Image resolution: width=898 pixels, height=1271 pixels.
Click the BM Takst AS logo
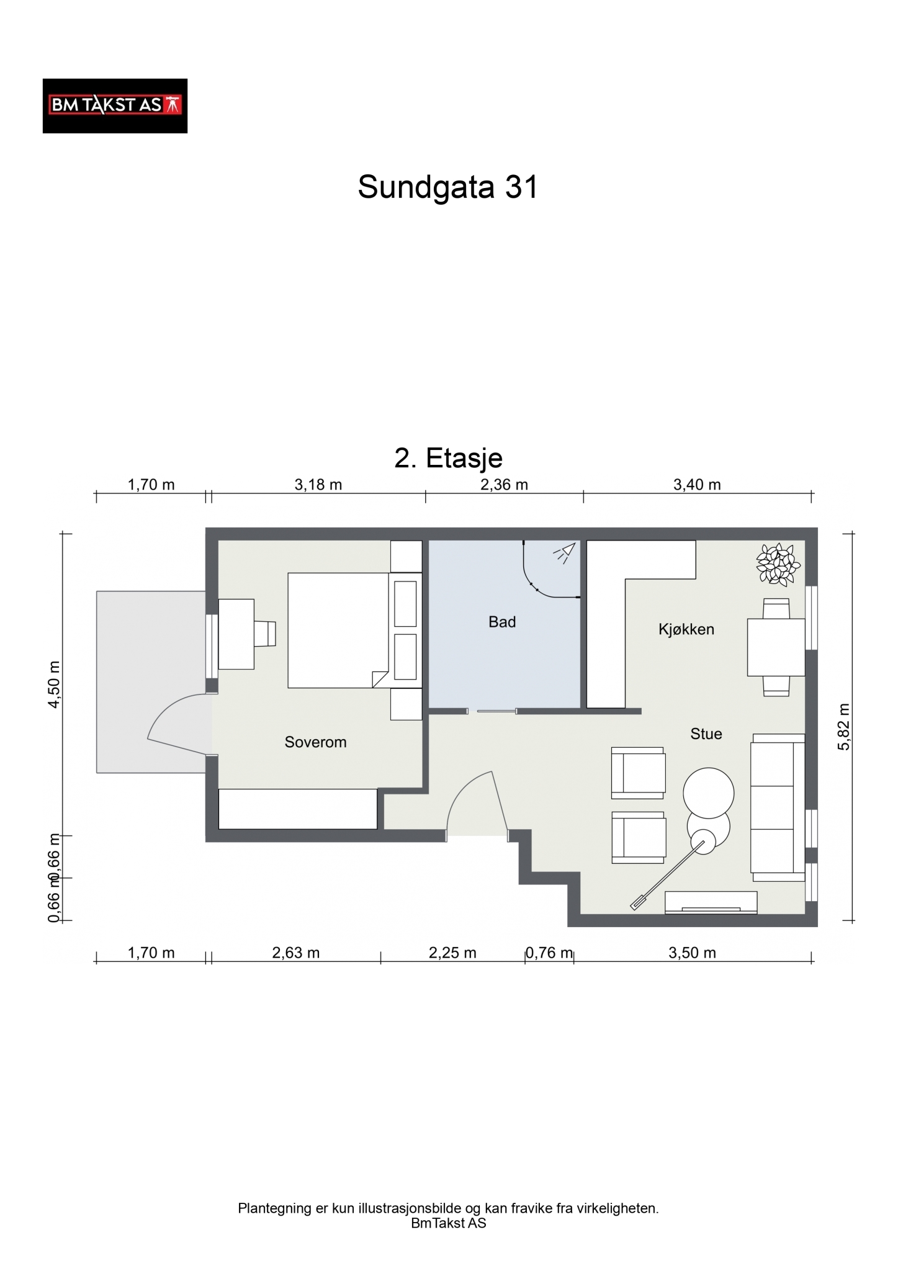point(115,106)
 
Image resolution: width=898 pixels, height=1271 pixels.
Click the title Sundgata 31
point(447,186)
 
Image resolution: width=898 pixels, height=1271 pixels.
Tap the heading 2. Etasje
point(448,458)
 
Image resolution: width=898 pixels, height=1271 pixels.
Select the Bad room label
point(502,622)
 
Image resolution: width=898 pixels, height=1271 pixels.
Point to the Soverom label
point(315,742)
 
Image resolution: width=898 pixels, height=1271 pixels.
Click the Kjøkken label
point(686,629)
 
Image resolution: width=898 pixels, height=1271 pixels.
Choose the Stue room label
point(706,734)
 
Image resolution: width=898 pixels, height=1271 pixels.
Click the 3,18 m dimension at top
point(318,485)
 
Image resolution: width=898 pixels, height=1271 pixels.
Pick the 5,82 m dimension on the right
point(843,727)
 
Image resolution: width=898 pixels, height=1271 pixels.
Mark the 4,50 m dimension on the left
point(55,685)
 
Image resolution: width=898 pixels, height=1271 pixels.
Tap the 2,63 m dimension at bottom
point(296,953)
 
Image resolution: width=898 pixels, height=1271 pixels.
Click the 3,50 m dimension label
point(693,953)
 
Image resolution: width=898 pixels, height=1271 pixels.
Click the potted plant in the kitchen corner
point(778,564)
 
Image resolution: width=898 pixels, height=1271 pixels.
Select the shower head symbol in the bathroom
point(565,553)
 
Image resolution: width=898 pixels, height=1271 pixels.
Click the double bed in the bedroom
point(338,630)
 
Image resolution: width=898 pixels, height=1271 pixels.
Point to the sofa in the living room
point(778,807)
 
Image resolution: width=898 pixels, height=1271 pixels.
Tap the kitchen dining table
point(776,647)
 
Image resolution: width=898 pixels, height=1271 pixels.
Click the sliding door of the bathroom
point(492,711)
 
